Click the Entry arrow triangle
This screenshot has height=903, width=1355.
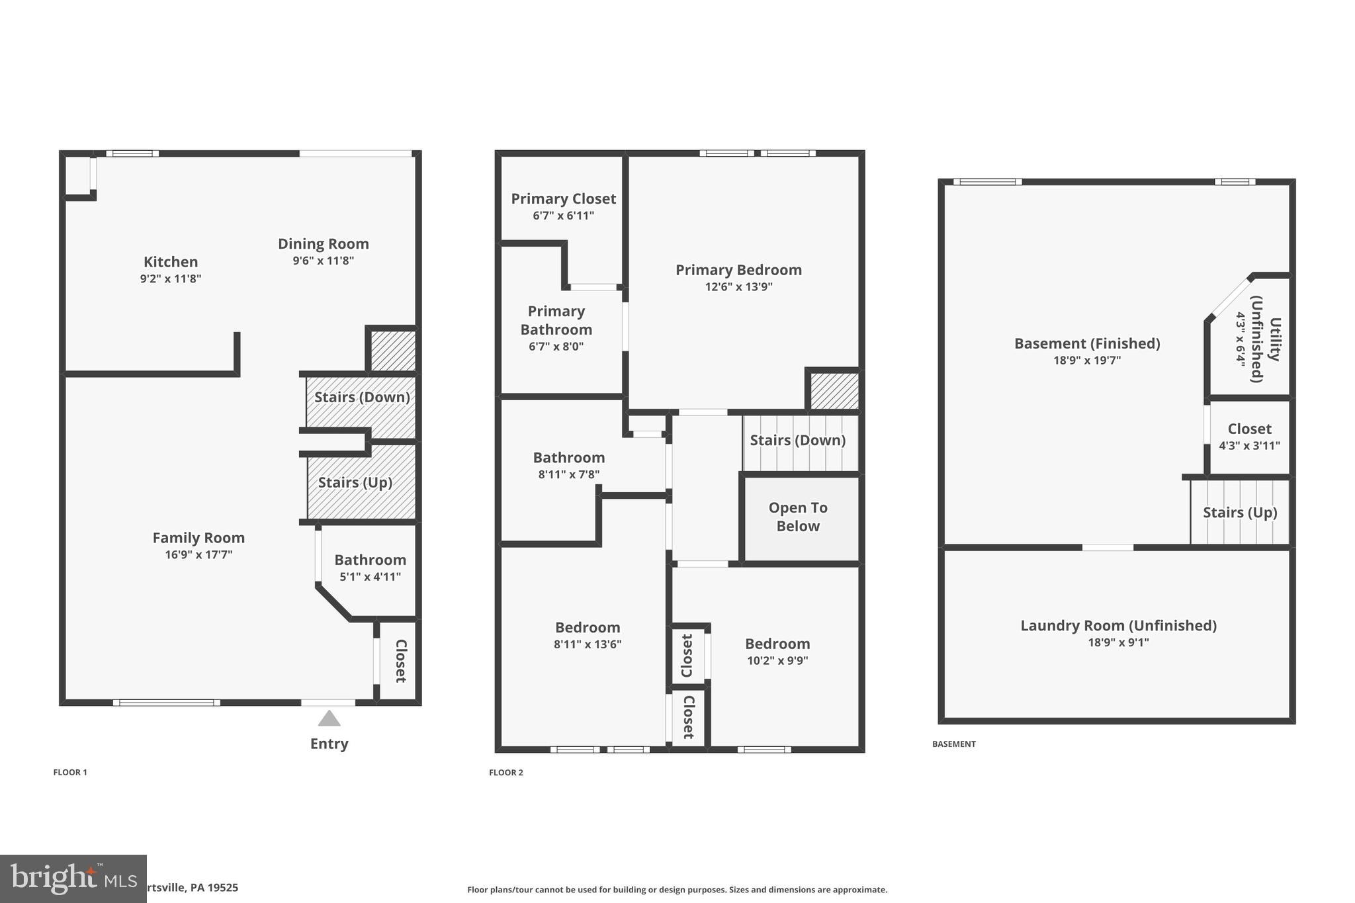329,718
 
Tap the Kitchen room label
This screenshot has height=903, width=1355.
171,262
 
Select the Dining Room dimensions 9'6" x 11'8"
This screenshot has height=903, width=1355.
323,261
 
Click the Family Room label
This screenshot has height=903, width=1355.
198,538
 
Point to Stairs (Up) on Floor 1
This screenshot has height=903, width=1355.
355,482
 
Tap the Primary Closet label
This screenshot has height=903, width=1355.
563,198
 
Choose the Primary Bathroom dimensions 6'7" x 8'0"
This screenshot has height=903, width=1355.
556,347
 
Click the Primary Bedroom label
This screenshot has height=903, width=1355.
738,270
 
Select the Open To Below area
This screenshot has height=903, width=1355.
798,517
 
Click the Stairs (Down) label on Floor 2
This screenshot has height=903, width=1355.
797,440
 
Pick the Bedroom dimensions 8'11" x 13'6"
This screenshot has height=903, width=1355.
588,644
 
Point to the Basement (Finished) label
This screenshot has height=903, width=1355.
1087,343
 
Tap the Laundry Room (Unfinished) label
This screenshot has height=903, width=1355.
1118,625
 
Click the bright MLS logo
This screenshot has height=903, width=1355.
73,879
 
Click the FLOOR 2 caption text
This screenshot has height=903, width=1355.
506,773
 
